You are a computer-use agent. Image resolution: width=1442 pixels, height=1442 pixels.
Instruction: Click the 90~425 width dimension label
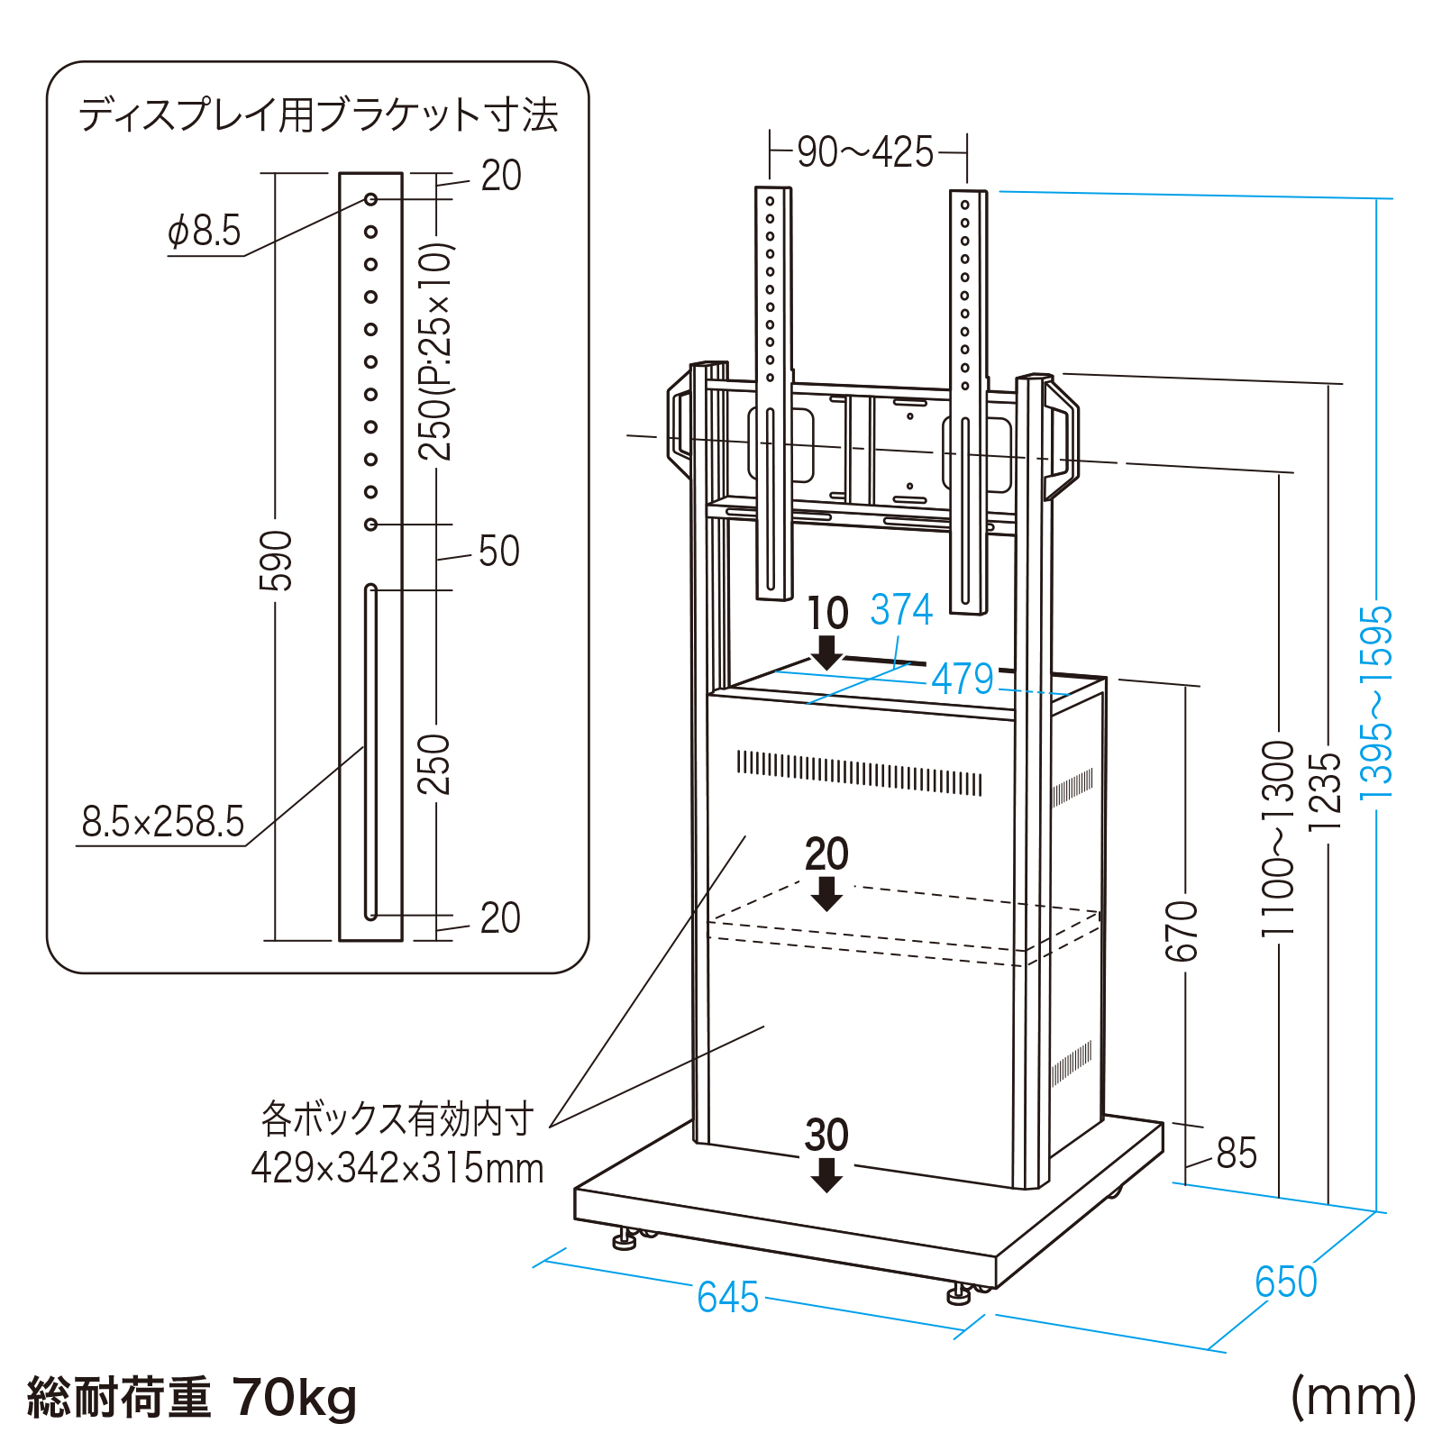pyautogui.click(x=865, y=152)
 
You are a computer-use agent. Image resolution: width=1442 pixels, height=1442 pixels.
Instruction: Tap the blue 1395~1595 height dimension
pyautogui.click(x=1376, y=703)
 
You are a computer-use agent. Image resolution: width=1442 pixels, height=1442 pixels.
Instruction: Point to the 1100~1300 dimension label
pyautogui.click(x=1278, y=838)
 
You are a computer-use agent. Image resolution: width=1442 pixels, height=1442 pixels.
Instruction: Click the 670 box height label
pyautogui.click(x=1182, y=930)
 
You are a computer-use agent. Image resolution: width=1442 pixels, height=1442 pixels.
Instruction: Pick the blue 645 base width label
pyautogui.click(x=727, y=1298)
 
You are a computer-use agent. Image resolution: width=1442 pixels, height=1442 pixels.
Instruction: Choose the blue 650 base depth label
pyautogui.click(x=1286, y=1282)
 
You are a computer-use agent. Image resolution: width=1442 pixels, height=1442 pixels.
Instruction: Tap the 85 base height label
pyautogui.click(x=1237, y=1153)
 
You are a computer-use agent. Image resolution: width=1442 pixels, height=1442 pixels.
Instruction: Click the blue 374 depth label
pyautogui.click(x=901, y=610)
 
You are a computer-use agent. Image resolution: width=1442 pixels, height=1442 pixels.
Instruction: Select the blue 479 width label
pyautogui.click(x=963, y=679)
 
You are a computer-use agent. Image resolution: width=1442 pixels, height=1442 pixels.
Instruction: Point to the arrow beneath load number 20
pyautogui.click(x=826, y=893)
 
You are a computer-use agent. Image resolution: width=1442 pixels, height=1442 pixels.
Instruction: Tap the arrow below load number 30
pyautogui.click(x=826, y=1175)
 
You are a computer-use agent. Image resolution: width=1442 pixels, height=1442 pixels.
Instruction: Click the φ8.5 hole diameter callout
pyautogui.click(x=205, y=231)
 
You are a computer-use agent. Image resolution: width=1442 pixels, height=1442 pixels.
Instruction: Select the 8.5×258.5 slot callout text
pyautogui.click(x=163, y=822)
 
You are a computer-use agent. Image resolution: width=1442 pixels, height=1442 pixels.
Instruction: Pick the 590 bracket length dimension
pyautogui.click(x=276, y=561)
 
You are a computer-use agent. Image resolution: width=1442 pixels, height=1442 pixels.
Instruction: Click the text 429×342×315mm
pyautogui.click(x=397, y=1168)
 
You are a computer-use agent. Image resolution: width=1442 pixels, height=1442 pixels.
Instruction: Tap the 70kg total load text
pyautogui.click(x=295, y=1398)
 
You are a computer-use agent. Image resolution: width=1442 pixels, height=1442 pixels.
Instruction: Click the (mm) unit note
pyautogui.click(x=1353, y=1396)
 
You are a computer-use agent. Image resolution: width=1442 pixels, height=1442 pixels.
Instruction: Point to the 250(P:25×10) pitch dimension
pyautogui.click(x=435, y=351)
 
